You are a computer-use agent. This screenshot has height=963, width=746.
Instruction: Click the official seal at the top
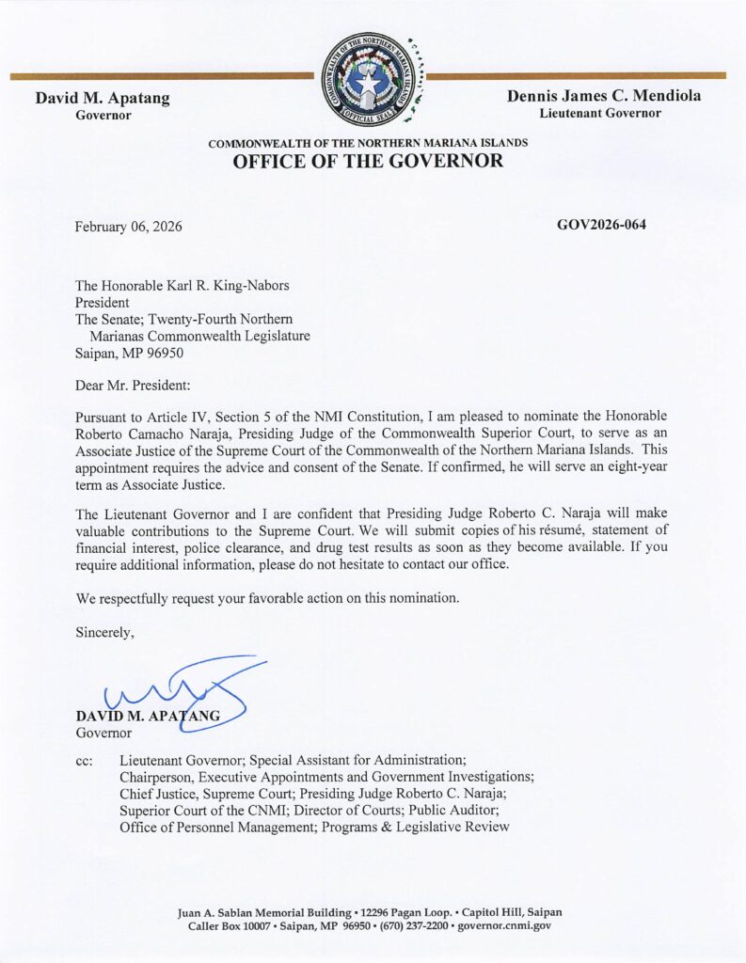point(370,79)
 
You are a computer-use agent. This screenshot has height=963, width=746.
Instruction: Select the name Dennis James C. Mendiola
point(603,96)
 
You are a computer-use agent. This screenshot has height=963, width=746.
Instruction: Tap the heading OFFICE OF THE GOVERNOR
point(368,161)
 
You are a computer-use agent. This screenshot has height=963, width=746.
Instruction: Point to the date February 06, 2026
point(129,227)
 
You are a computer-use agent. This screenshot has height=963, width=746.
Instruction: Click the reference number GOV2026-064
point(601,225)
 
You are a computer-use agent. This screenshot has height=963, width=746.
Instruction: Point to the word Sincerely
point(104,633)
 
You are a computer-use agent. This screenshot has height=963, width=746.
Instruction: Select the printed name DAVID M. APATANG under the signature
point(148,717)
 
